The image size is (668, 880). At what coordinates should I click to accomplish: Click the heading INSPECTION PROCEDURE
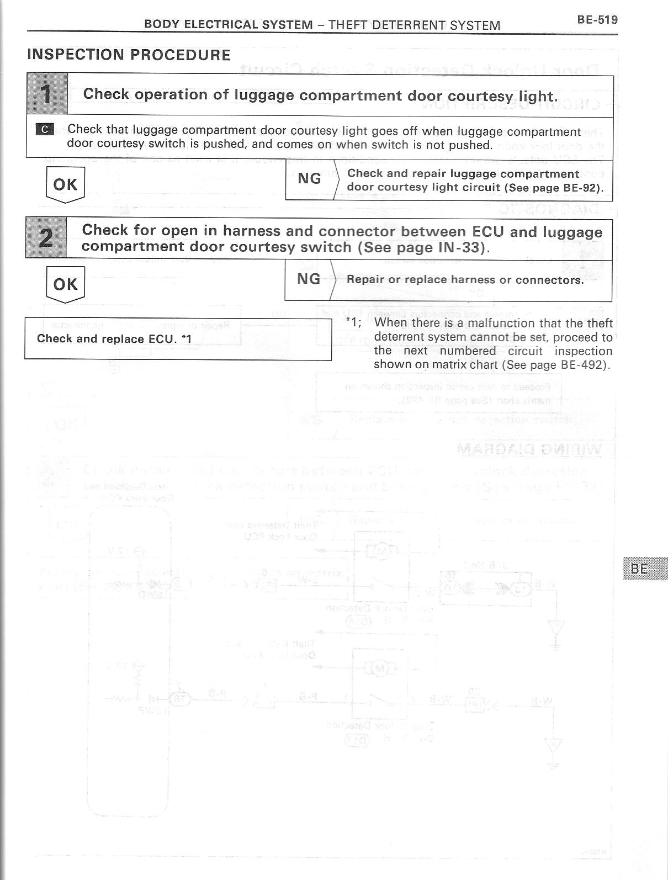129,55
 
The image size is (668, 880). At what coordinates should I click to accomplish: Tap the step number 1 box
47,95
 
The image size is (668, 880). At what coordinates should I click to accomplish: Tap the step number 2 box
46,238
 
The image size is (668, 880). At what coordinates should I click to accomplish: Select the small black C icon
45,130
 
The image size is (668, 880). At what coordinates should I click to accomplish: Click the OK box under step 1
66,184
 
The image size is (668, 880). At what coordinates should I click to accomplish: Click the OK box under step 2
65,284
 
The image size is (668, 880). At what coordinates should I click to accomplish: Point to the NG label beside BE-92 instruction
309,179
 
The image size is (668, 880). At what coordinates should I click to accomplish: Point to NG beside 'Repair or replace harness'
309,279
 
